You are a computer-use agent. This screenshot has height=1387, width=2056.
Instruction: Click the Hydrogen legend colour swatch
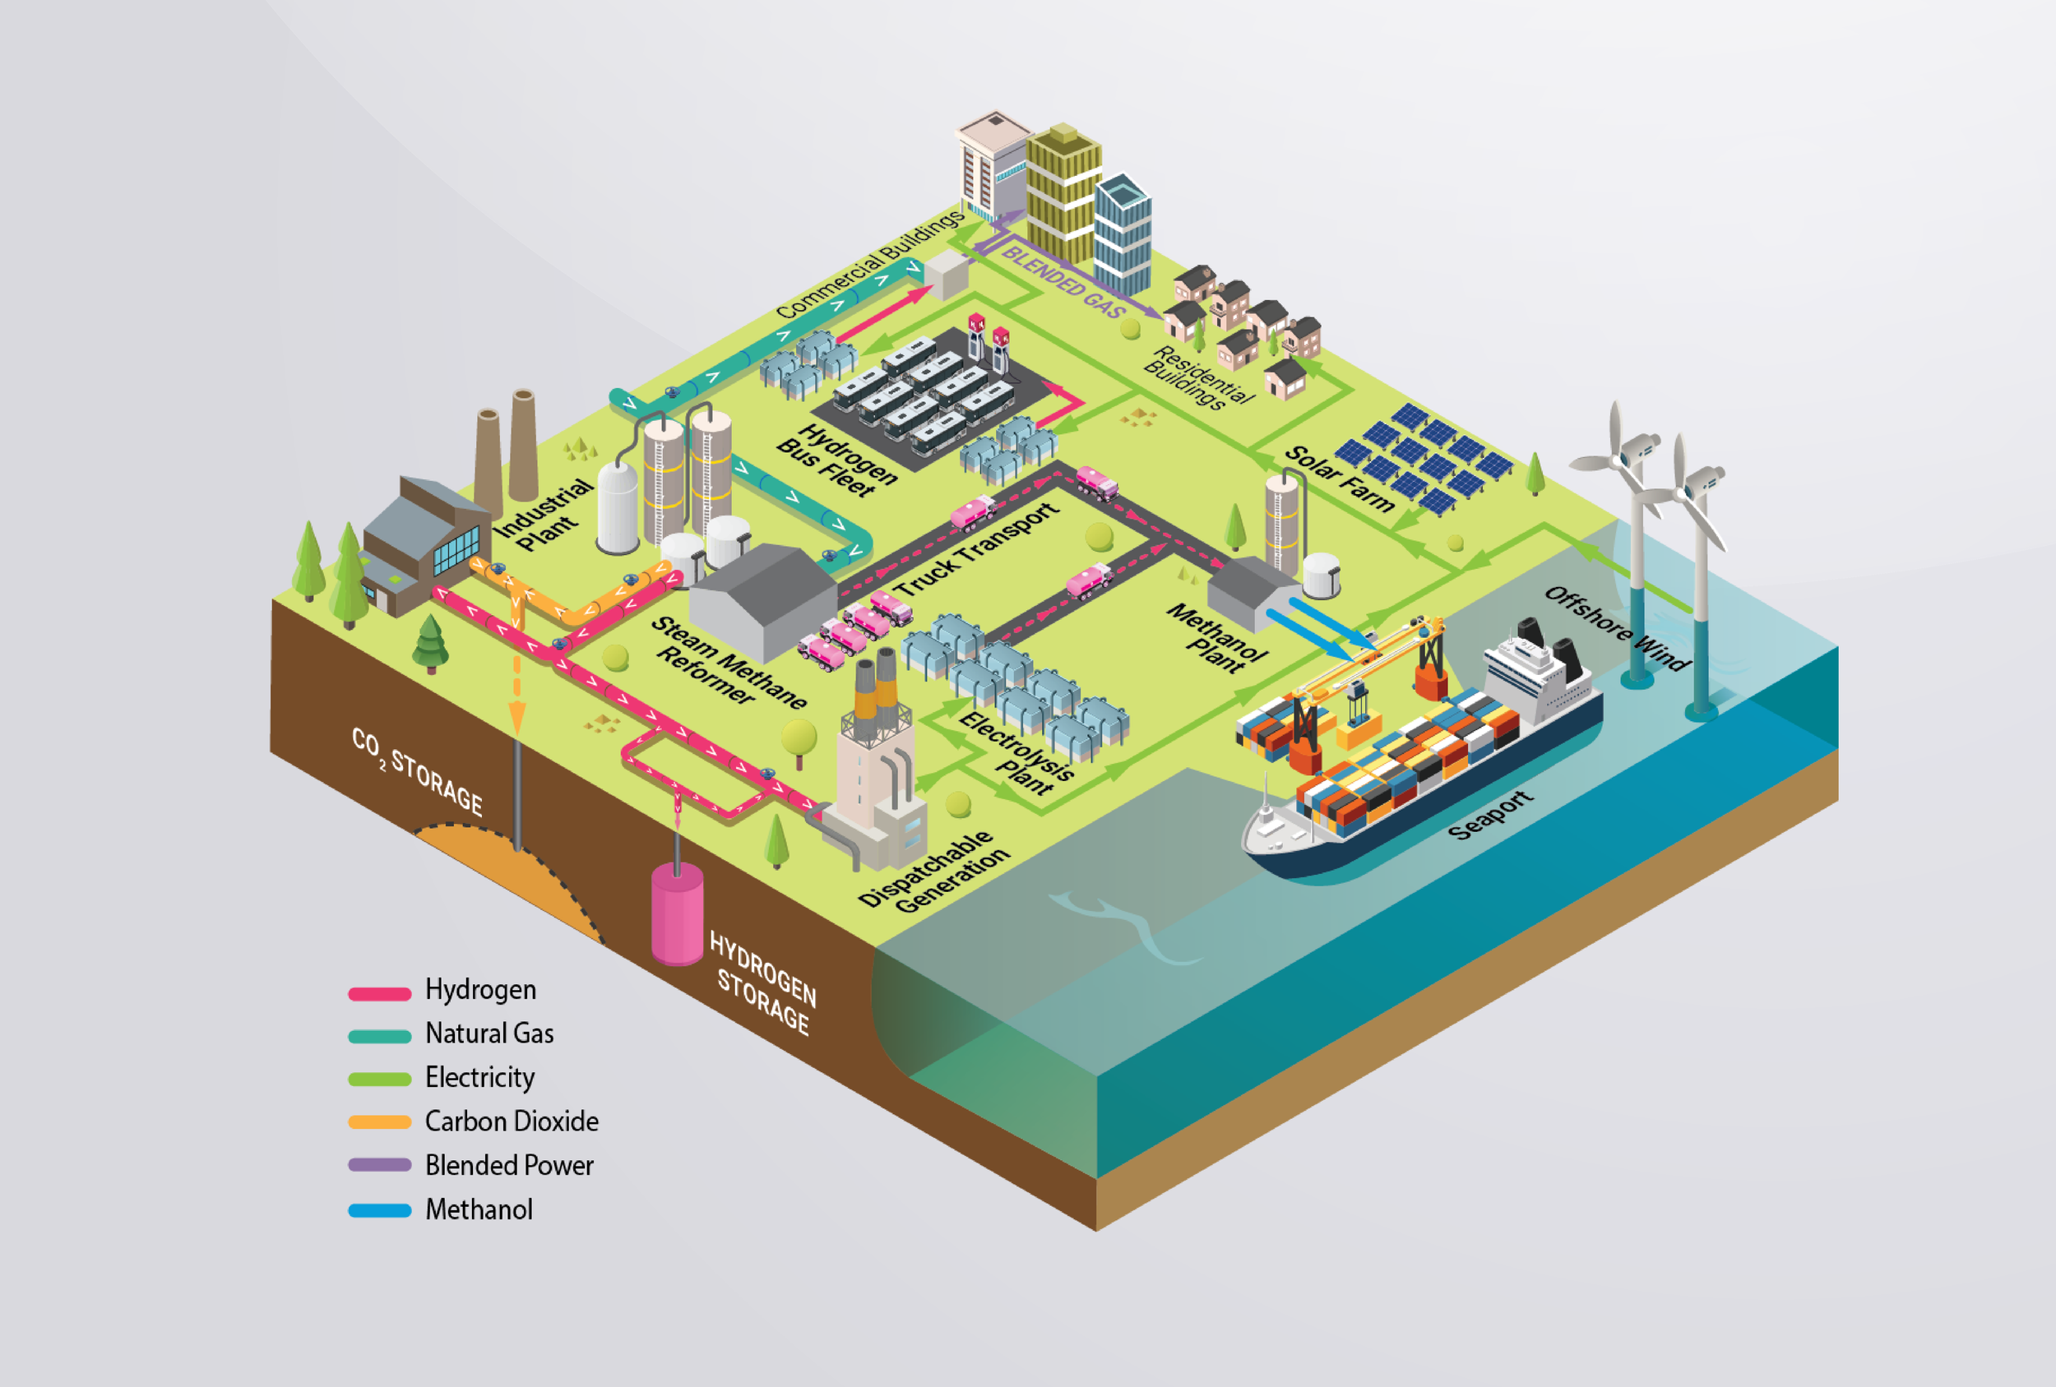[x=379, y=993]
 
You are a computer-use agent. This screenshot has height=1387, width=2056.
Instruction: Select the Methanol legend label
[x=479, y=1209]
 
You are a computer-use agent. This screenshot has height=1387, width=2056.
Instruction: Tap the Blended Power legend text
[x=509, y=1165]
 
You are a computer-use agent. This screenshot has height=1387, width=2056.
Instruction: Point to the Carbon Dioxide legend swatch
[x=379, y=1121]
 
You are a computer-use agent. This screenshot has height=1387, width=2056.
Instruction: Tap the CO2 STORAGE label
[x=417, y=770]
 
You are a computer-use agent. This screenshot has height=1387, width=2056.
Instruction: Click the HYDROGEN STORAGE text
[x=762, y=982]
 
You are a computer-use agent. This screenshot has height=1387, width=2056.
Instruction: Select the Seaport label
[x=1490, y=815]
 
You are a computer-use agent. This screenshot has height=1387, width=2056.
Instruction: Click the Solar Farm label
[x=1340, y=479]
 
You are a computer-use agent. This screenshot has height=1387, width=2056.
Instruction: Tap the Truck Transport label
[x=977, y=548]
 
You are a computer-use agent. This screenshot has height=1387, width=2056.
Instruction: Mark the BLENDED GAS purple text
[x=1063, y=281]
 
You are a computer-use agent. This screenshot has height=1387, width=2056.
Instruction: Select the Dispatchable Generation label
[x=933, y=871]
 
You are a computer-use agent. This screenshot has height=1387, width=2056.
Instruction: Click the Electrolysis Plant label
[x=1016, y=753]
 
